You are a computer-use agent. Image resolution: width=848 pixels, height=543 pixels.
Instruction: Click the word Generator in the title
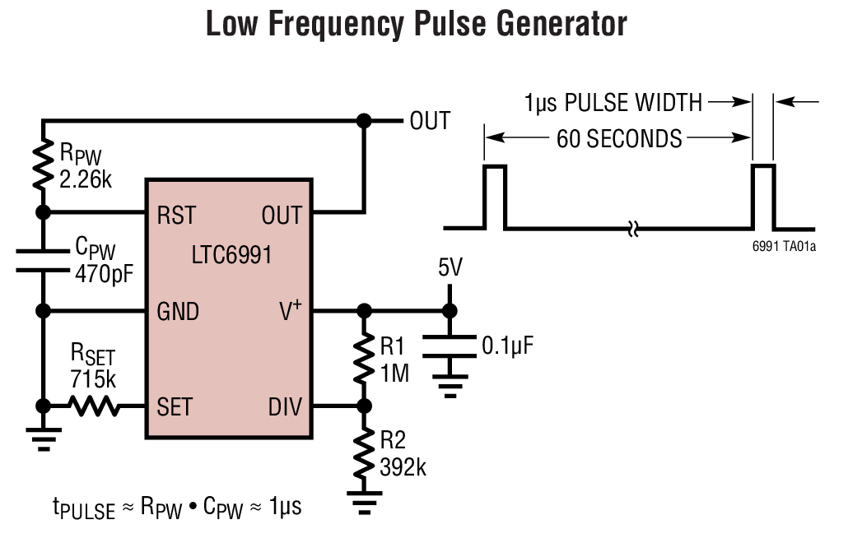click(547, 25)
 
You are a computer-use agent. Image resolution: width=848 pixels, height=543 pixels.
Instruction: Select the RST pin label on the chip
click(176, 216)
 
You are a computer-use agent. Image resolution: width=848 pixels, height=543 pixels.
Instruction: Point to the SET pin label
click(175, 406)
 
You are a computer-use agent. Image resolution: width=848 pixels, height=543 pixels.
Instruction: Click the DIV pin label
click(285, 406)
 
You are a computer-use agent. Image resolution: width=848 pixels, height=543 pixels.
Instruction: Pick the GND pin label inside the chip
click(178, 312)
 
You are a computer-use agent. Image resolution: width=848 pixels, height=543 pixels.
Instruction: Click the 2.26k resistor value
click(86, 178)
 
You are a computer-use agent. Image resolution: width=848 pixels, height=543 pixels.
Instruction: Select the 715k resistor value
click(93, 379)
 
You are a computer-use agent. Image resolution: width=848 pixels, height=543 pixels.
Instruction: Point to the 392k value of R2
click(403, 467)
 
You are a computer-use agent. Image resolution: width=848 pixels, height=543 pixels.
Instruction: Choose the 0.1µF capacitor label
click(508, 345)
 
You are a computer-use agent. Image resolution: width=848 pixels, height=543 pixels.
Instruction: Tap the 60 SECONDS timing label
click(619, 138)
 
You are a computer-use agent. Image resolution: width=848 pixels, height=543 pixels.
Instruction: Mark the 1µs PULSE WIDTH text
click(613, 103)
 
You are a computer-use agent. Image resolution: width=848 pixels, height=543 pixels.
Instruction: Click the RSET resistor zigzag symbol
click(93, 406)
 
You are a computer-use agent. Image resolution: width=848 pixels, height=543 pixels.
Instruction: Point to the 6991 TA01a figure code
click(785, 246)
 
